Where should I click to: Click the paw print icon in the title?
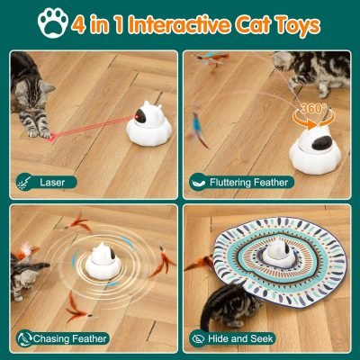[58, 24]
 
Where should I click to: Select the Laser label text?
[53, 183]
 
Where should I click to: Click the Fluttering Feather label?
[248, 183]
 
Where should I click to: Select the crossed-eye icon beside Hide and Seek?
[199, 338]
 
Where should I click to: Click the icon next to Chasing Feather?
[21, 338]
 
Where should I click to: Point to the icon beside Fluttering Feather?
[199, 183]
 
